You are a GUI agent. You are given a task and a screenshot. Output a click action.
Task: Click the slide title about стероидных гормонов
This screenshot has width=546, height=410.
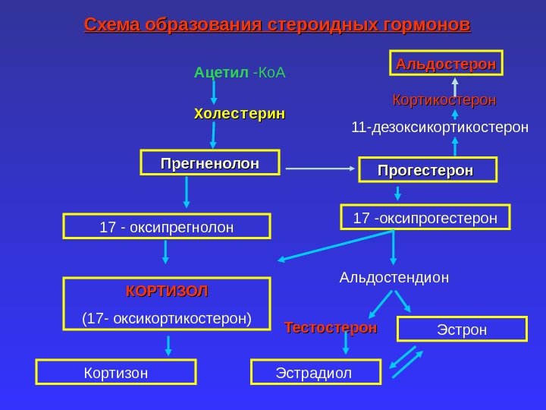point(277,25)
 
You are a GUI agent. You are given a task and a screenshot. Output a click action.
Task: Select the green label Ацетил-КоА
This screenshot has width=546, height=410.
point(240,73)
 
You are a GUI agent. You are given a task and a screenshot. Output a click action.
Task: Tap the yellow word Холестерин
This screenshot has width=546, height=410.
point(240,114)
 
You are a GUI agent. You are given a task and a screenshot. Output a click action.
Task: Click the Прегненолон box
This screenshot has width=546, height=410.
point(210,163)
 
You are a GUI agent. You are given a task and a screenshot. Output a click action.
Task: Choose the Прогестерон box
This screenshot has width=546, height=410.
point(427,170)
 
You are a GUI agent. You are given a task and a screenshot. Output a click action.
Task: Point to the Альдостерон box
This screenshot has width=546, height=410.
point(447,65)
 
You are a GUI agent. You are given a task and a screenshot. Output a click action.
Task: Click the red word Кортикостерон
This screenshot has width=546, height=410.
point(444,100)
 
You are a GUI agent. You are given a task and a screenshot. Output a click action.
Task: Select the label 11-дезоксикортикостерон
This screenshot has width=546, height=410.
point(440,128)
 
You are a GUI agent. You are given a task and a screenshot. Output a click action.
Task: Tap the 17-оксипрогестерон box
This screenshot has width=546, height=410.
point(425,217)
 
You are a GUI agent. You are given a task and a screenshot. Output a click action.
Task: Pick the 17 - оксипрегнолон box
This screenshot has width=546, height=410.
point(168,227)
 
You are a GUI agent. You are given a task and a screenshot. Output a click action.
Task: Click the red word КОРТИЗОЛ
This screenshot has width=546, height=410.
point(167,292)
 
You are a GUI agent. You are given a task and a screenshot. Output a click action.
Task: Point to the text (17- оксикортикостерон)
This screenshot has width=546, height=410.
point(167,317)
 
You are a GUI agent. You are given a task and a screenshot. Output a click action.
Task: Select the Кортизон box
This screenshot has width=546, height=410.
point(116,372)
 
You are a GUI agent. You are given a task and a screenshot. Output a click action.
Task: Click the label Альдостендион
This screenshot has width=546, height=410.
point(394,278)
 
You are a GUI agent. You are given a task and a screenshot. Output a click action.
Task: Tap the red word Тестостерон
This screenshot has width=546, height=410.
point(331,328)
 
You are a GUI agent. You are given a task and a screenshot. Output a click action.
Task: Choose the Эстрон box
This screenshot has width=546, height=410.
point(462,330)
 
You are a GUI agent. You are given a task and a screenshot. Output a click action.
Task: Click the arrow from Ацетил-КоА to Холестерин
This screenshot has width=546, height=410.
point(214,91)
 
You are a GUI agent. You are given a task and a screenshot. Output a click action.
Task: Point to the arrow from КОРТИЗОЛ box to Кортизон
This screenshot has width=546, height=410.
point(168,346)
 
